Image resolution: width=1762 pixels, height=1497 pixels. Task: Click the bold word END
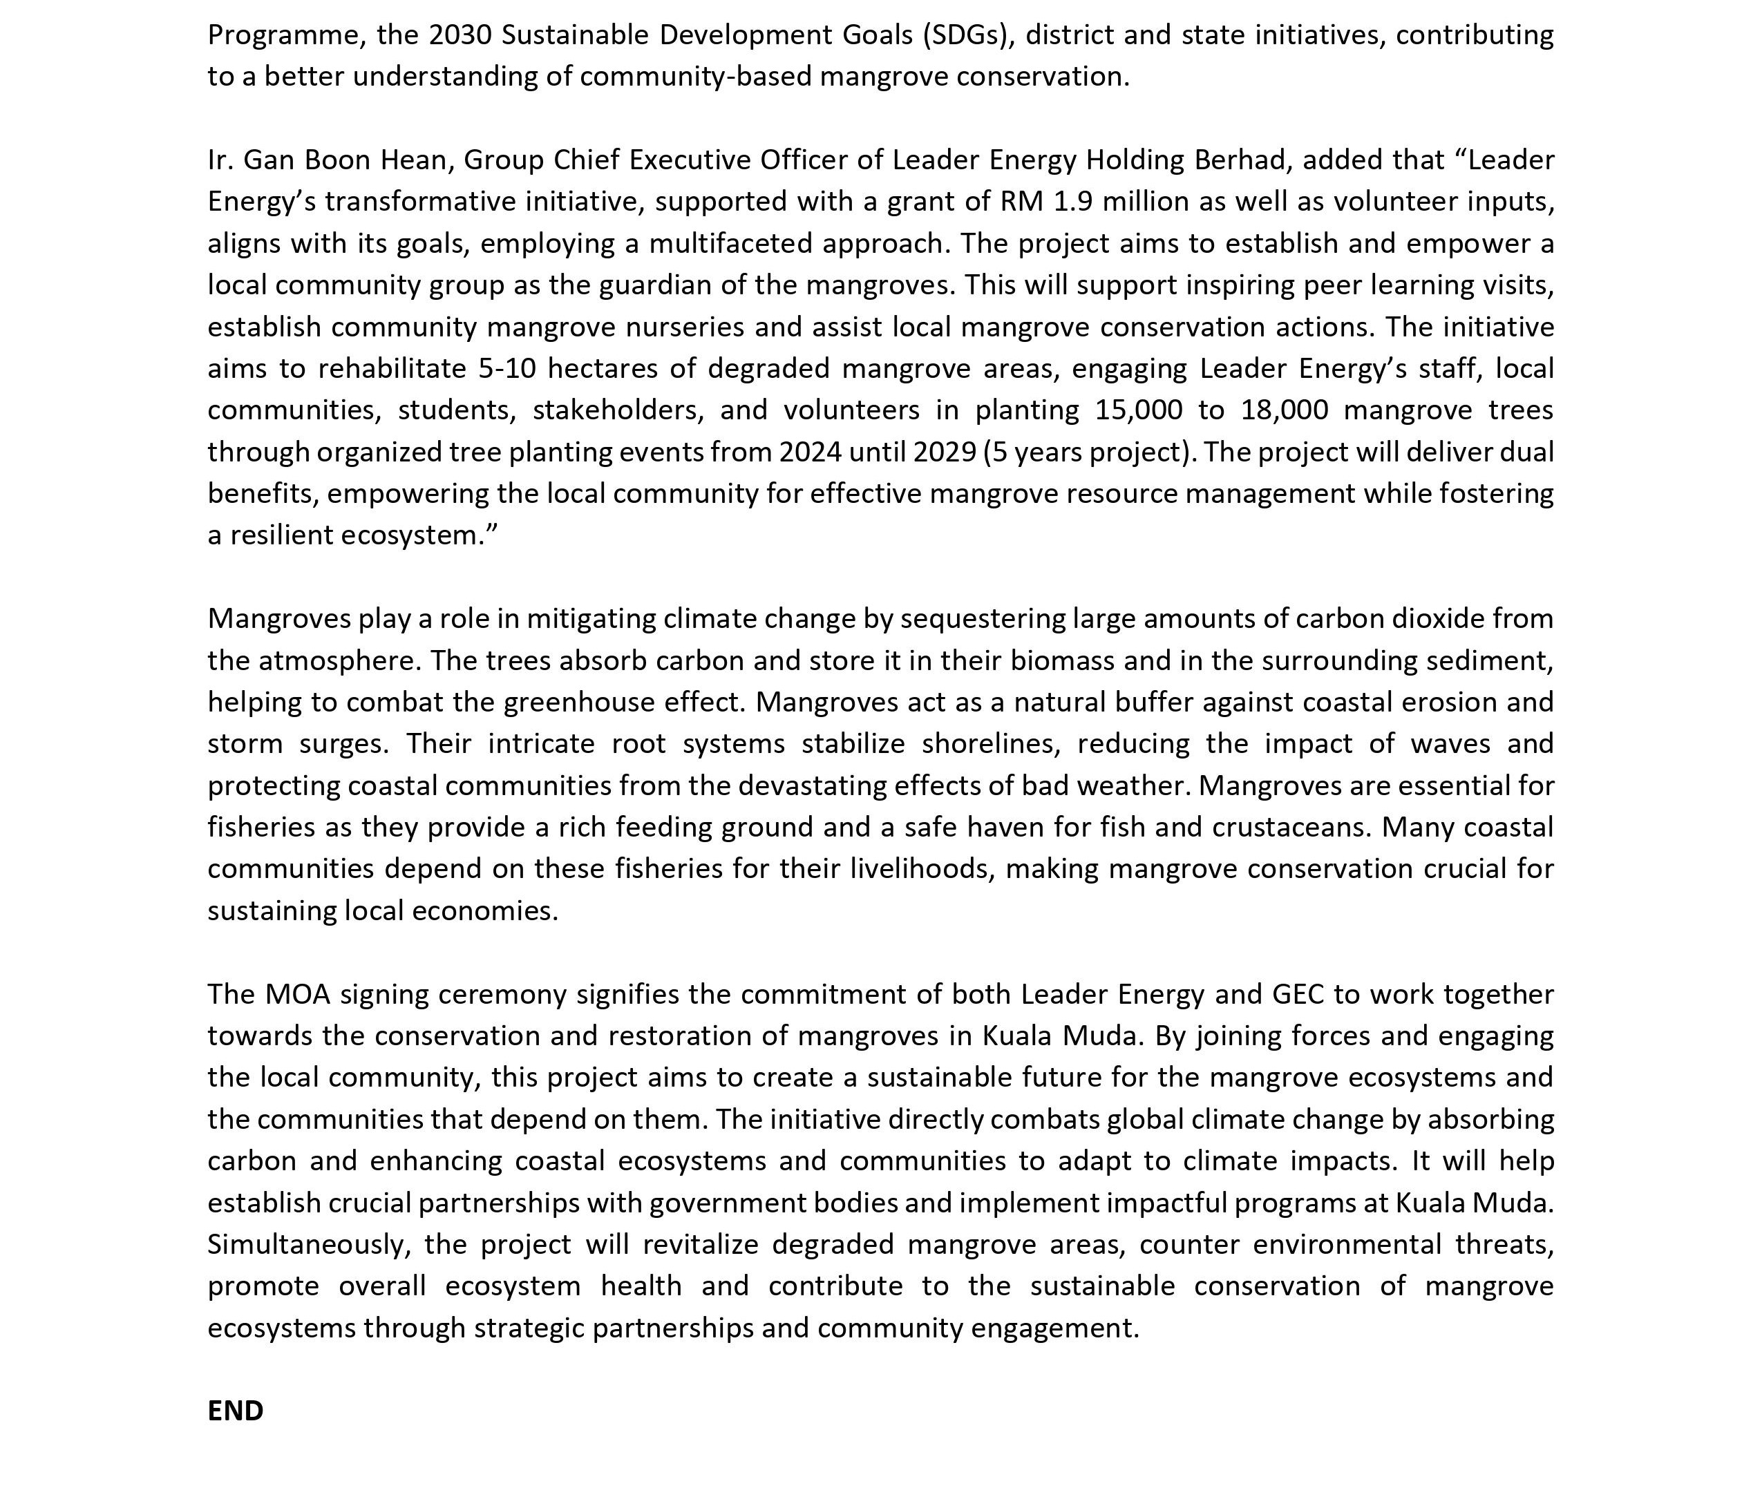point(235,1411)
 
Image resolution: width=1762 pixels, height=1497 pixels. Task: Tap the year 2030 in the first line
point(460,35)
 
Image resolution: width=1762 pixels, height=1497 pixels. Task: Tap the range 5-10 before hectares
point(506,368)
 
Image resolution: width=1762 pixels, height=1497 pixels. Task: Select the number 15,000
point(1137,410)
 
